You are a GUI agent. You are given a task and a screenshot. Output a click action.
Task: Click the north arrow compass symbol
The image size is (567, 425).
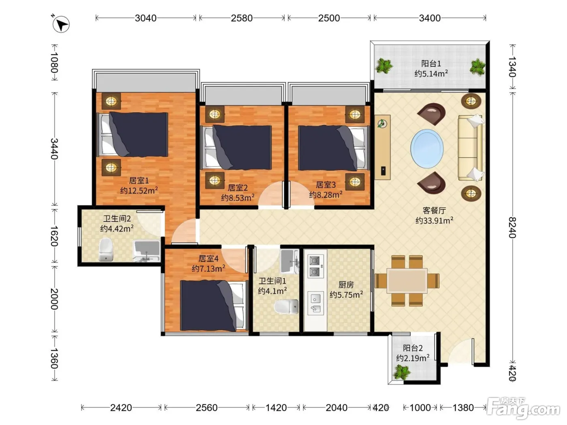point(61,24)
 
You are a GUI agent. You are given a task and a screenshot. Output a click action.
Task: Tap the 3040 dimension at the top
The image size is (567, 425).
point(145,18)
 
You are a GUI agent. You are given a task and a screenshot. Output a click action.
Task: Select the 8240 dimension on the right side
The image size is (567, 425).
point(512,227)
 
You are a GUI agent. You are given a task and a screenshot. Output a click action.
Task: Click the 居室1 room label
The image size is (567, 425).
point(139,180)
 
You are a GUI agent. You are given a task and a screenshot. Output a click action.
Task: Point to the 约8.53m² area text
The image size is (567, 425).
point(238,198)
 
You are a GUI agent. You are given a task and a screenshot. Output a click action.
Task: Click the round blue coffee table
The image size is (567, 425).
point(427,149)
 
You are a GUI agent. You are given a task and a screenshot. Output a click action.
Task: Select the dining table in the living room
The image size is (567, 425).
point(407,281)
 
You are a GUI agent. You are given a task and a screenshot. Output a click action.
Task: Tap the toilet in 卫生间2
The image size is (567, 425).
point(106,249)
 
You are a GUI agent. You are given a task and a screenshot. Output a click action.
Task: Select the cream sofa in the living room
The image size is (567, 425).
point(470,148)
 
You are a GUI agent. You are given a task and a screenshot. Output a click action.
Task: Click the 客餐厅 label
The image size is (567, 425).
point(434,210)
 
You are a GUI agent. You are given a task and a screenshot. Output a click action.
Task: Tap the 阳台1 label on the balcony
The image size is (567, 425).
point(431,63)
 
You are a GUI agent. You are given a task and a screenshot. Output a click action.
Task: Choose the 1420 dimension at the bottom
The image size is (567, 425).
point(276,408)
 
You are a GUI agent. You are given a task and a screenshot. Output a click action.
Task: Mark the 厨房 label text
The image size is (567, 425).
point(346,285)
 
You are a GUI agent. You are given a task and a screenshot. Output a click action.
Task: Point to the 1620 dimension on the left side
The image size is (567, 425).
point(54,236)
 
